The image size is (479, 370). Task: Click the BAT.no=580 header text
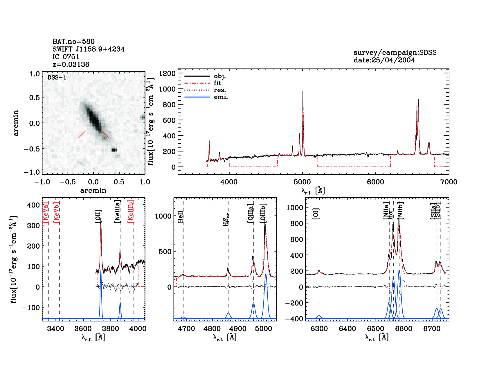73,41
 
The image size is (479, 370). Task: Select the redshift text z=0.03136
71,64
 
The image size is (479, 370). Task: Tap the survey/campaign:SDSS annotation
395,53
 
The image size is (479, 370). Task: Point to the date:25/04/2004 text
384,60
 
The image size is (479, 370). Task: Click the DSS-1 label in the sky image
57,77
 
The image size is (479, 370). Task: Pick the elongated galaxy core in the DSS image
94,118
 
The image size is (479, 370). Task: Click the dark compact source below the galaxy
114,150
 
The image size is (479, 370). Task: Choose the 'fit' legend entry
217,83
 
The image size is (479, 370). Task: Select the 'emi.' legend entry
221,97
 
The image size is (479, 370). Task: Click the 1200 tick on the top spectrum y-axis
167,73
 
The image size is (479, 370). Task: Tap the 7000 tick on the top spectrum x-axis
449,182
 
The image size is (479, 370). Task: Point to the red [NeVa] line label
46,212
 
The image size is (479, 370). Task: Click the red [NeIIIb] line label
131,211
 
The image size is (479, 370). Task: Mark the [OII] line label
98,216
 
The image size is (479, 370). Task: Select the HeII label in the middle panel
181,217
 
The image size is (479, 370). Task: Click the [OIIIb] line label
263,213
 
